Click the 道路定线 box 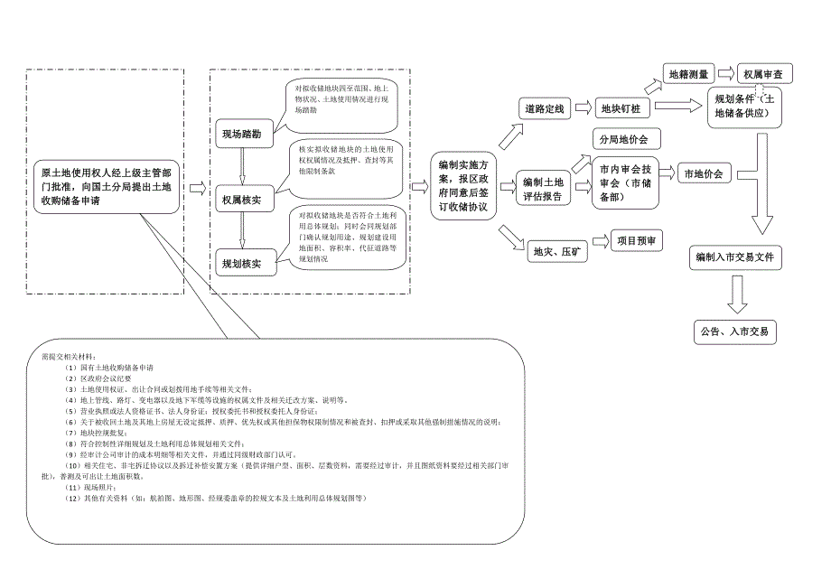pyautogui.click(x=545, y=109)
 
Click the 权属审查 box pyautogui.click(x=763, y=74)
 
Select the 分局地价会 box pyautogui.click(x=624, y=139)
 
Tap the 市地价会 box pyautogui.click(x=705, y=174)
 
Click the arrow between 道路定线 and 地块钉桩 pyautogui.click(x=583, y=109)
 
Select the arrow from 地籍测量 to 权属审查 pyautogui.click(x=725, y=73)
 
